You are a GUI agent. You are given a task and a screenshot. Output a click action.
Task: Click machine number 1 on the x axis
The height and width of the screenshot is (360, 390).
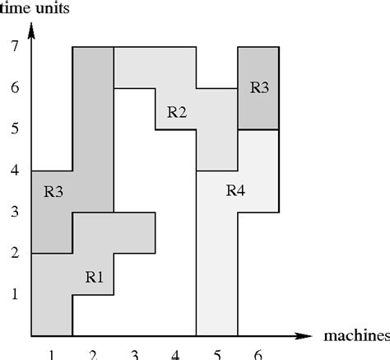(x=52, y=354)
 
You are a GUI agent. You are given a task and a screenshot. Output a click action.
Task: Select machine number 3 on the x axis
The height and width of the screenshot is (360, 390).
(x=134, y=354)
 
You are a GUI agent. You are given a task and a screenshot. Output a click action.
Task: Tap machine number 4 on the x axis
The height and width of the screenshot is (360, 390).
(x=175, y=354)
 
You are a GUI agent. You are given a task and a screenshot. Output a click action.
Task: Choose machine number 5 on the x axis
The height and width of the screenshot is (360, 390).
(x=216, y=354)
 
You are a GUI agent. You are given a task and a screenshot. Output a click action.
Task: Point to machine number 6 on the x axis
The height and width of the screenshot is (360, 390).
(x=258, y=354)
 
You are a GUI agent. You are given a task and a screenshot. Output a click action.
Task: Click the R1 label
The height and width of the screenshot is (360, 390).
(x=95, y=277)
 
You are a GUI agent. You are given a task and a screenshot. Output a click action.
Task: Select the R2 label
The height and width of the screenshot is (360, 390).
(x=177, y=112)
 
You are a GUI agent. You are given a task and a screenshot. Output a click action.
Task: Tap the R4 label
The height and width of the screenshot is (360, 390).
(x=235, y=191)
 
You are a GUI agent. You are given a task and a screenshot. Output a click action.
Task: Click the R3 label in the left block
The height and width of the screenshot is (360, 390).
(x=53, y=193)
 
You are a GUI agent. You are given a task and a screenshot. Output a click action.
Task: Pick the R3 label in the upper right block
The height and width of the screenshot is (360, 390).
(x=258, y=88)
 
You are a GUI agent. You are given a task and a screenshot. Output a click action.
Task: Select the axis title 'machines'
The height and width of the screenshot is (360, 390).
(x=356, y=336)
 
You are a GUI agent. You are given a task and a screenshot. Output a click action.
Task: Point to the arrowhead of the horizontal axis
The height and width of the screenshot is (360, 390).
(x=305, y=336)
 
